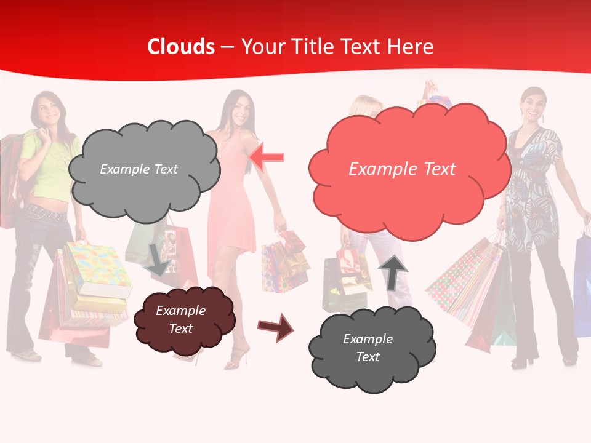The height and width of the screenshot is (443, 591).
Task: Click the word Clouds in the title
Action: click(x=181, y=47)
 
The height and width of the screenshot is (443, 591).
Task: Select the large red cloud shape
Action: click(x=409, y=166)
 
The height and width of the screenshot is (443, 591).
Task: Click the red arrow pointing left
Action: click(x=267, y=158)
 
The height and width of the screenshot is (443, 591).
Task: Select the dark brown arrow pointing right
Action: click(x=276, y=327)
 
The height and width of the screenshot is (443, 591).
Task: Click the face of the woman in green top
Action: click(x=47, y=110)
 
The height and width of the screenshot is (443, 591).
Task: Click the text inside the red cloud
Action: click(x=402, y=169)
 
